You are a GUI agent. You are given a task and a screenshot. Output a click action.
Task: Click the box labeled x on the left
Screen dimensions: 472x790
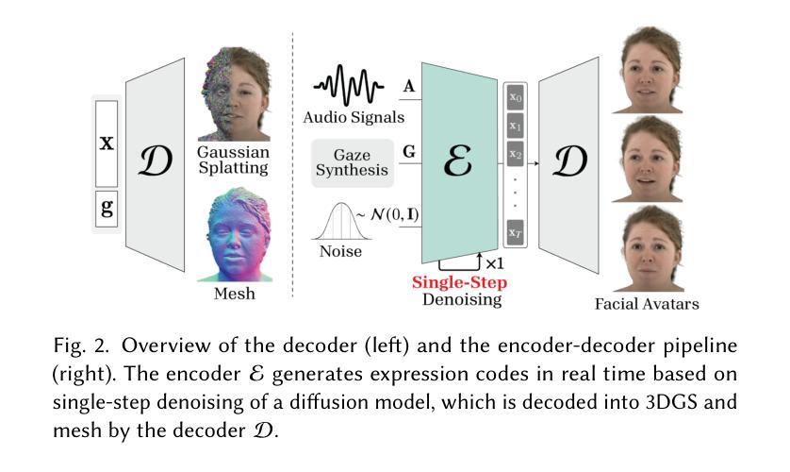(x=106, y=143)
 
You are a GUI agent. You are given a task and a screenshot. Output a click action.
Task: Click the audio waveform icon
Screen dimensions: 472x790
(x=352, y=89)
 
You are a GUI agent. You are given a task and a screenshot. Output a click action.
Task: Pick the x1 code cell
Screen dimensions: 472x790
(x=516, y=125)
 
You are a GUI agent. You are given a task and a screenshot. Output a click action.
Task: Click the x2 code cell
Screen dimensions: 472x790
(x=516, y=153)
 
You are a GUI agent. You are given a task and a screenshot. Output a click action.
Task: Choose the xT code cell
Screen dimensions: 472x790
(x=516, y=229)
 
